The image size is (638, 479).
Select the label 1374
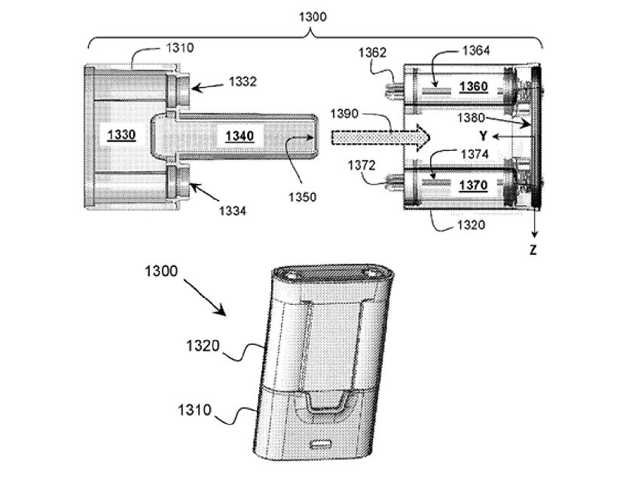[x=474, y=154]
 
